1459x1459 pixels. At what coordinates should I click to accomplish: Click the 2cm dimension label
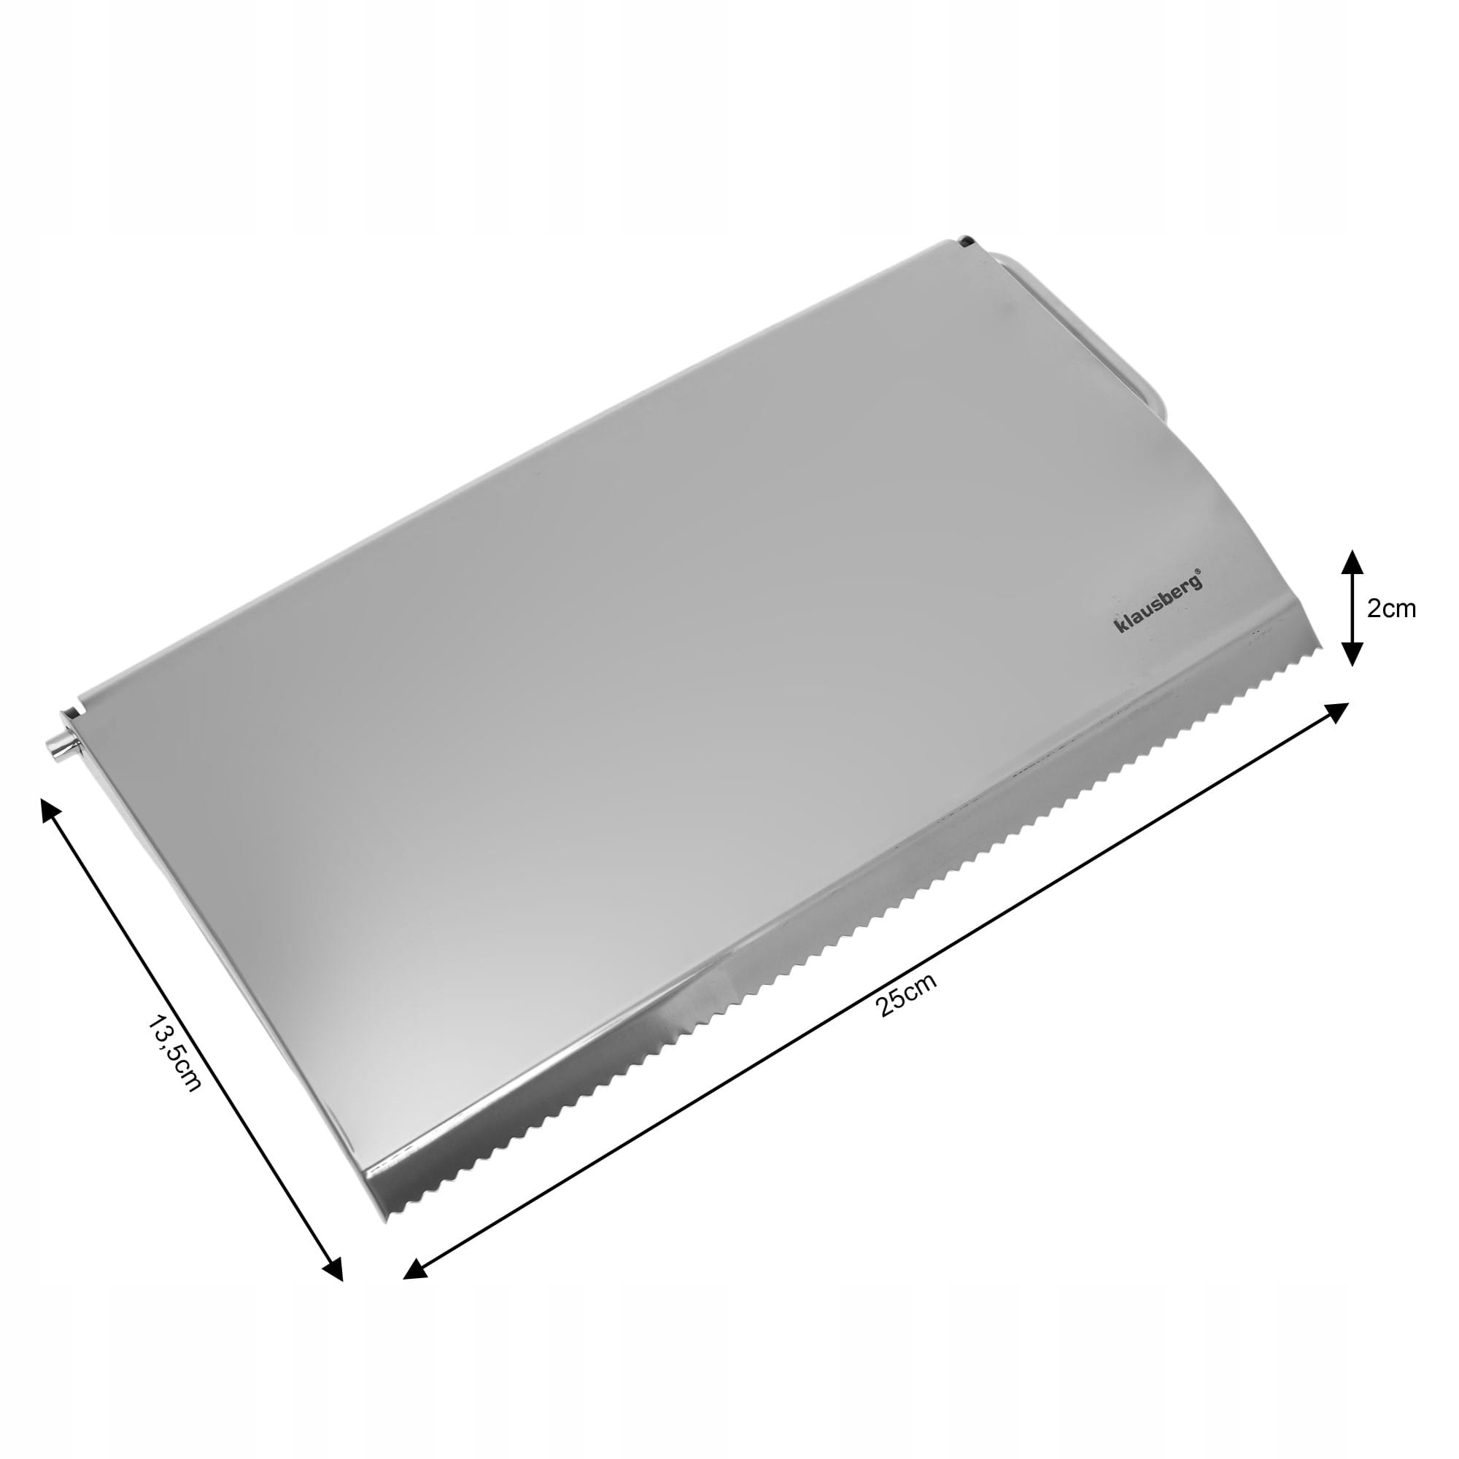(1392, 608)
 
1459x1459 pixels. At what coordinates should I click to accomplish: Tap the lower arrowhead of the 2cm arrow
(1352, 655)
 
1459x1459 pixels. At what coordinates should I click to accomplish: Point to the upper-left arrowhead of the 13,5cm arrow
(49, 810)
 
